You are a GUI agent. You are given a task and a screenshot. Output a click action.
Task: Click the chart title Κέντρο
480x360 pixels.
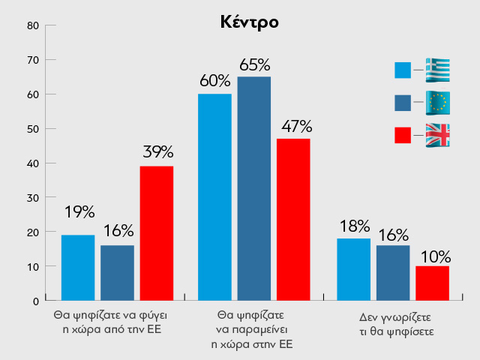(250, 22)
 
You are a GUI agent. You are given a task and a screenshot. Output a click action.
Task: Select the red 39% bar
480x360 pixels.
(156, 233)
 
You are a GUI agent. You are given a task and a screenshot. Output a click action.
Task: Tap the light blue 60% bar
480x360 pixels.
(214, 197)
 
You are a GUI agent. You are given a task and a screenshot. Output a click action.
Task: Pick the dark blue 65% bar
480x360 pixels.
(253, 188)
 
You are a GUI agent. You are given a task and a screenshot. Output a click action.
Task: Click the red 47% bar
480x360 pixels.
(292, 220)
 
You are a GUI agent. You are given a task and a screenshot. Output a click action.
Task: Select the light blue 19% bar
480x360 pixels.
(78, 268)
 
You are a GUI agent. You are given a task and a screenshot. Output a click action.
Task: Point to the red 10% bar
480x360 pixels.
(432, 283)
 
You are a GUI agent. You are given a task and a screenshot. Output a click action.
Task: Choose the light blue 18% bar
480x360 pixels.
(354, 269)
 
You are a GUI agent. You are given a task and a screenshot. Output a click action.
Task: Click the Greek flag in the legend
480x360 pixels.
(437, 70)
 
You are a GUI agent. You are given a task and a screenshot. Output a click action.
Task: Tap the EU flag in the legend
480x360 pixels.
(437, 102)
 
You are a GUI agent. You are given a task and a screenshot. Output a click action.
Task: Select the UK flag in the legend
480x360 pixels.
(437, 134)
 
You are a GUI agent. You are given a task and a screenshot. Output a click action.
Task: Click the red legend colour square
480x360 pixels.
(403, 135)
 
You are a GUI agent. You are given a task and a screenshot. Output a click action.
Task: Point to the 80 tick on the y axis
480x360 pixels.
(32, 25)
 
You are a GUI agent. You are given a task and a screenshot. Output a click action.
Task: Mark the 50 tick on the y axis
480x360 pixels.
(32, 128)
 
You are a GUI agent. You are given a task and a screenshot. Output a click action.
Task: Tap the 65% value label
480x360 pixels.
(254, 64)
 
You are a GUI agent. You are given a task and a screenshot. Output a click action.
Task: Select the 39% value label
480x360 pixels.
(157, 153)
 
